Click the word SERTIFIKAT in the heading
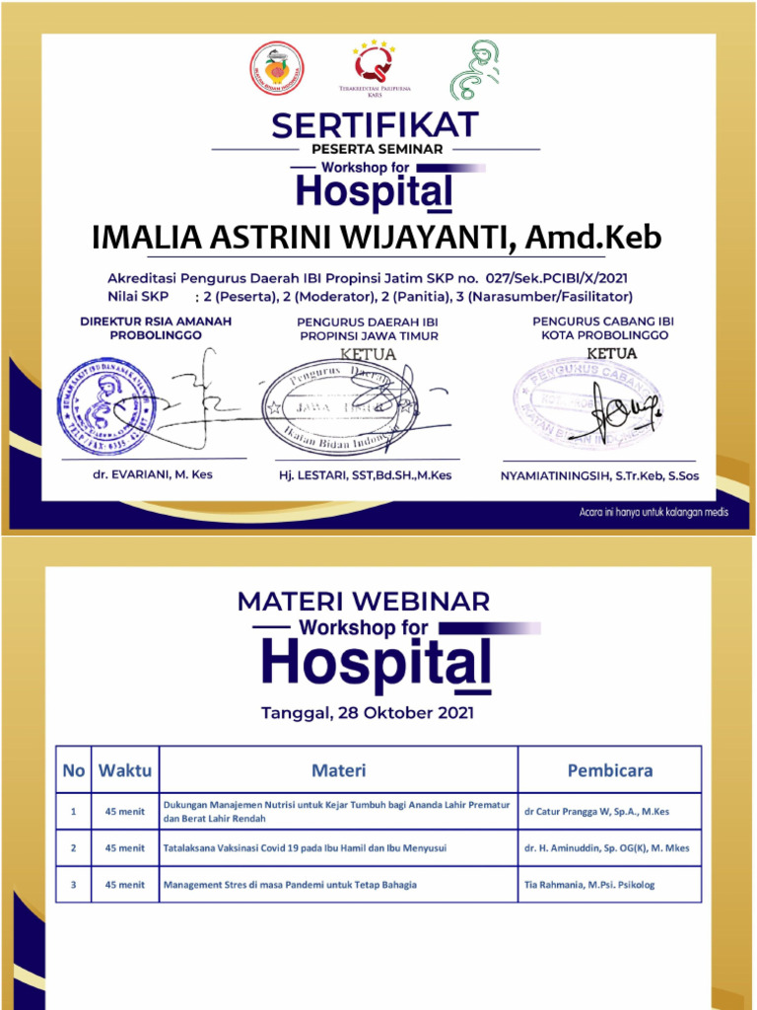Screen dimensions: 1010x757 tap(376, 125)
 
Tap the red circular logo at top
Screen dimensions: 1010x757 tap(276, 69)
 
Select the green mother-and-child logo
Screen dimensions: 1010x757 tap(476, 70)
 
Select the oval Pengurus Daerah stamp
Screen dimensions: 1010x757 tap(340, 404)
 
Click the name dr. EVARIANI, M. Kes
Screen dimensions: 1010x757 tap(146, 474)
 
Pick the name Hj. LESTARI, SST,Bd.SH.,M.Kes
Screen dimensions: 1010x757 tap(365, 475)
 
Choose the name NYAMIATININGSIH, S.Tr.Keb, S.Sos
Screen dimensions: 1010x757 tap(598, 475)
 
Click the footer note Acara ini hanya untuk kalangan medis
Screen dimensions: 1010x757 tap(653, 513)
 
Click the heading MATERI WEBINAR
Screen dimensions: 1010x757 tap(364, 601)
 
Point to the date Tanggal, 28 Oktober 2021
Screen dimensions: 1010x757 tap(367, 712)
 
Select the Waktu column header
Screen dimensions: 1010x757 tap(125, 770)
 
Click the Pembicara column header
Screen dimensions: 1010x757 tap(609, 770)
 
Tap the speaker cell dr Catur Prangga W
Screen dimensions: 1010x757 tap(596, 812)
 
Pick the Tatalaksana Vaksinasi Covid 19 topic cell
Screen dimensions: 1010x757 tap(306, 848)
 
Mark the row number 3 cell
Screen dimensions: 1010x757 tap(74, 885)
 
